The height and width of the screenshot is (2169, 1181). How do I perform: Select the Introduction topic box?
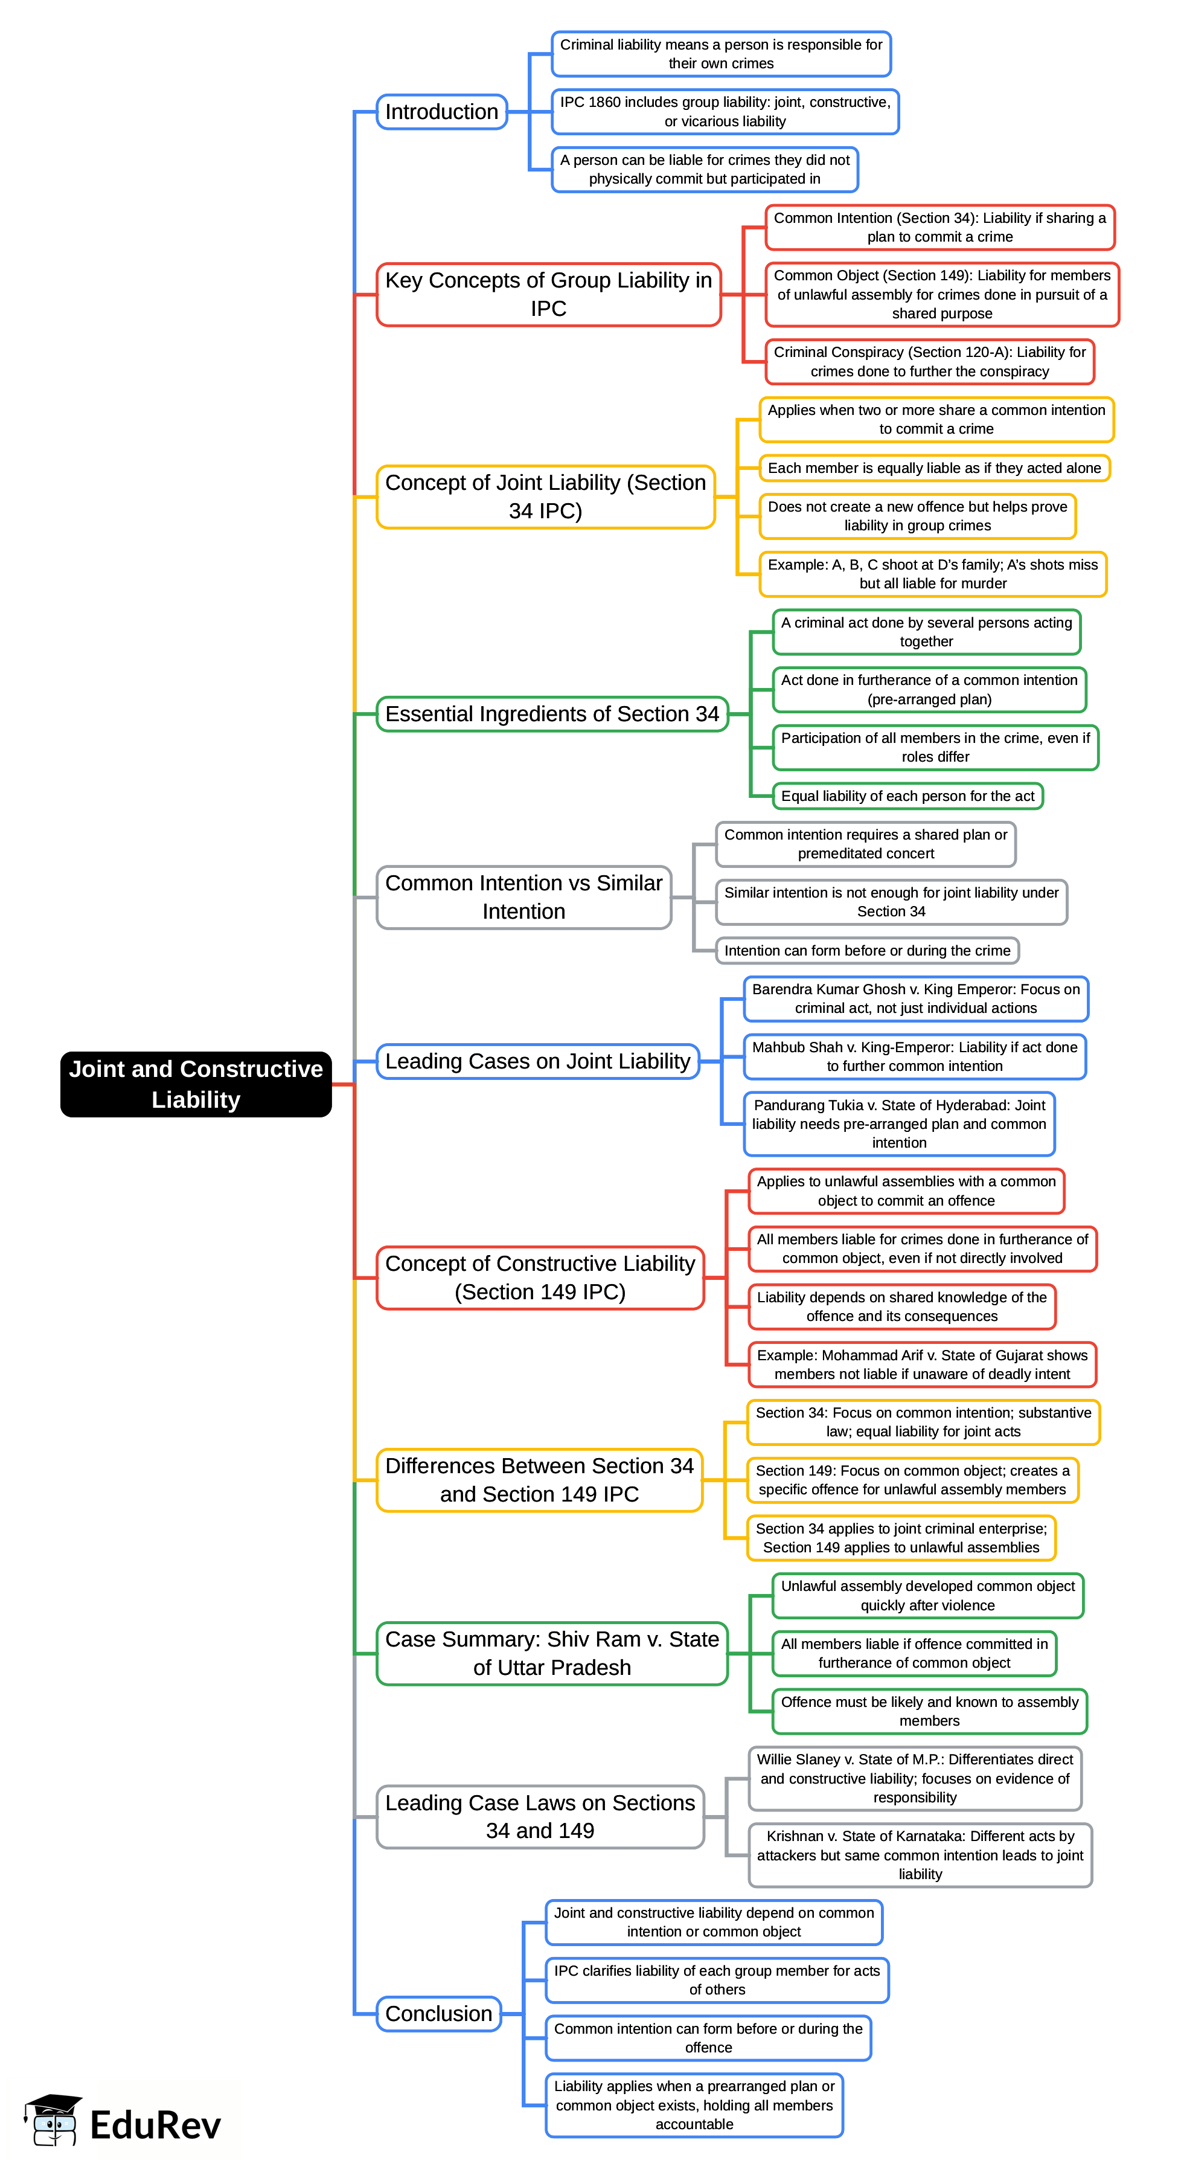pyautogui.click(x=441, y=112)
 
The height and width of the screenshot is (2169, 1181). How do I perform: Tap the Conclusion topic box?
pyautogui.click(x=438, y=2013)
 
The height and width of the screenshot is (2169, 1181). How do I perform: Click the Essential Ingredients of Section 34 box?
pyautogui.click(x=551, y=714)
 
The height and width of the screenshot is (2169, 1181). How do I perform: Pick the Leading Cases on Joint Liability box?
pyautogui.click(x=537, y=1061)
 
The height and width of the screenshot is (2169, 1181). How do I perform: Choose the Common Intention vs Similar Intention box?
pyautogui.click(x=523, y=897)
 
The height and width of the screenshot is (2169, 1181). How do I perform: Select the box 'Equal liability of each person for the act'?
pyautogui.click(x=907, y=795)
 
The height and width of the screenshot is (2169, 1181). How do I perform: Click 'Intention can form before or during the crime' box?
pyautogui.click(x=866, y=951)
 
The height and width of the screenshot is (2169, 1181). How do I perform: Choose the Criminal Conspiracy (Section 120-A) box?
pyautogui.click(x=929, y=362)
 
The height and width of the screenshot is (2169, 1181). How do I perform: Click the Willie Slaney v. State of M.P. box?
pyautogui.click(x=914, y=1778)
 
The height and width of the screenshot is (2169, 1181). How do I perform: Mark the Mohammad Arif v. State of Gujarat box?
pyautogui.click(x=922, y=1364)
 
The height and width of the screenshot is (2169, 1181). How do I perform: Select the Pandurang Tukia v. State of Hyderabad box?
pyautogui.click(x=898, y=1123)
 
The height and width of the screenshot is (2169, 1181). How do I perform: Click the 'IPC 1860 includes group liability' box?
pyautogui.click(x=725, y=111)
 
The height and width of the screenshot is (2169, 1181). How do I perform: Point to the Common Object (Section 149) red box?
pyautogui.click(x=941, y=295)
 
